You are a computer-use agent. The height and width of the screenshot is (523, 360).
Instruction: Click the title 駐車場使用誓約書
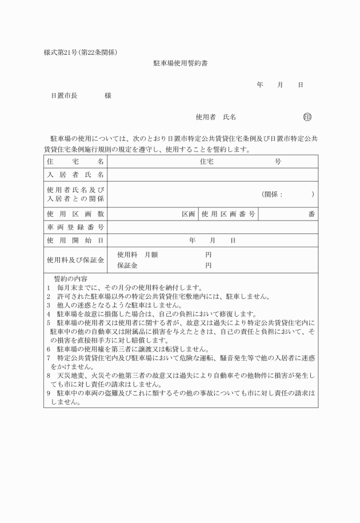pyautogui.click(x=180, y=63)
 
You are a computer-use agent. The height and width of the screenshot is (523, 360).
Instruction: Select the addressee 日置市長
pyautogui.click(x=64, y=96)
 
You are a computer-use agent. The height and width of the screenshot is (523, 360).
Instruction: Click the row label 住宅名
pyautogui.click(x=75, y=162)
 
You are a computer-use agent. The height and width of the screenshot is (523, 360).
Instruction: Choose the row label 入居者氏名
pyautogui.click(x=75, y=175)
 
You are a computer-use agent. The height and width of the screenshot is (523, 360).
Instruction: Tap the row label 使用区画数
pyautogui.click(x=75, y=214)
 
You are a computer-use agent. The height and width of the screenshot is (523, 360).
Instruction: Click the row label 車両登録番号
pyautogui.click(x=75, y=227)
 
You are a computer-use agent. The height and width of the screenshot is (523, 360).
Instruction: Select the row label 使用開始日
pyautogui.click(x=75, y=240)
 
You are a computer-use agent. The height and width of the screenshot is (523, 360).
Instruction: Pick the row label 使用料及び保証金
pyautogui.click(x=75, y=260)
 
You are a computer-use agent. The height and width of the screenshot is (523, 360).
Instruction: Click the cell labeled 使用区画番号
pyautogui.click(x=228, y=214)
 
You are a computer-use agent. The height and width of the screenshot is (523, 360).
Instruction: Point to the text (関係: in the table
pyautogui.click(x=273, y=194)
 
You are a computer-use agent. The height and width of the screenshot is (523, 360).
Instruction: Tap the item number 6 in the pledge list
pyautogui.click(x=49, y=349)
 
